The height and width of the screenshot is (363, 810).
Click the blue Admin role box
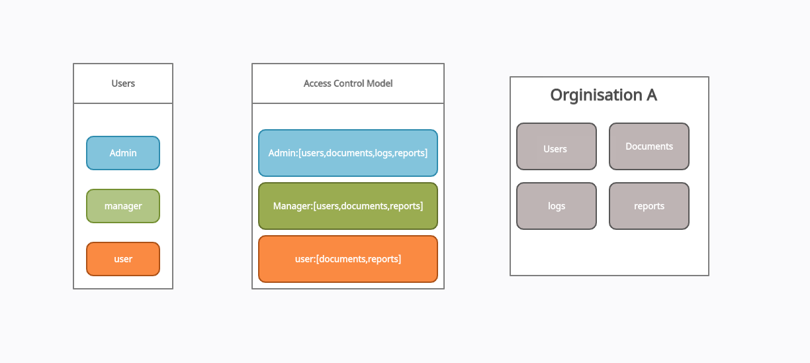[123, 153]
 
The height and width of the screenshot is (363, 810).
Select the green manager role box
[123, 206]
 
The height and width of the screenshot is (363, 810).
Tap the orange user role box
[123, 259]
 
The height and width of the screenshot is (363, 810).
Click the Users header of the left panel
[123, 83]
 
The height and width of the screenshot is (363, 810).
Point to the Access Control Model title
[348, 83]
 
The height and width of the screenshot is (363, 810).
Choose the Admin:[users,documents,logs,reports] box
[348, 153]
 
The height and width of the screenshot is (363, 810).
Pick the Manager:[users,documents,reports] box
[348, 206]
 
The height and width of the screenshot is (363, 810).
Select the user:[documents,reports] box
[348, 259]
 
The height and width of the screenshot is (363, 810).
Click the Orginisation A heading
[604, 95]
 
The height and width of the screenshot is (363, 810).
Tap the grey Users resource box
[557, 146]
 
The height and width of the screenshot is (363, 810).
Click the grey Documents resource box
[649, 146]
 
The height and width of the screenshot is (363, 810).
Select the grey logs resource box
[557, 206]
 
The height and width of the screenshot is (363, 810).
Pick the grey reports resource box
[649, 206]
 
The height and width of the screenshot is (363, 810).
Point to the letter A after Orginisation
[652, 95]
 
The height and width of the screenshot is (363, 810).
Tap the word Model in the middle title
[380, 83]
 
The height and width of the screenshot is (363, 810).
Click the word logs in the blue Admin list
[383, 154]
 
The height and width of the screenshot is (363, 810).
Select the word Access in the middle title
[318, 83]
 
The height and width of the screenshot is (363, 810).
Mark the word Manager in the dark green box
[292, 206]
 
